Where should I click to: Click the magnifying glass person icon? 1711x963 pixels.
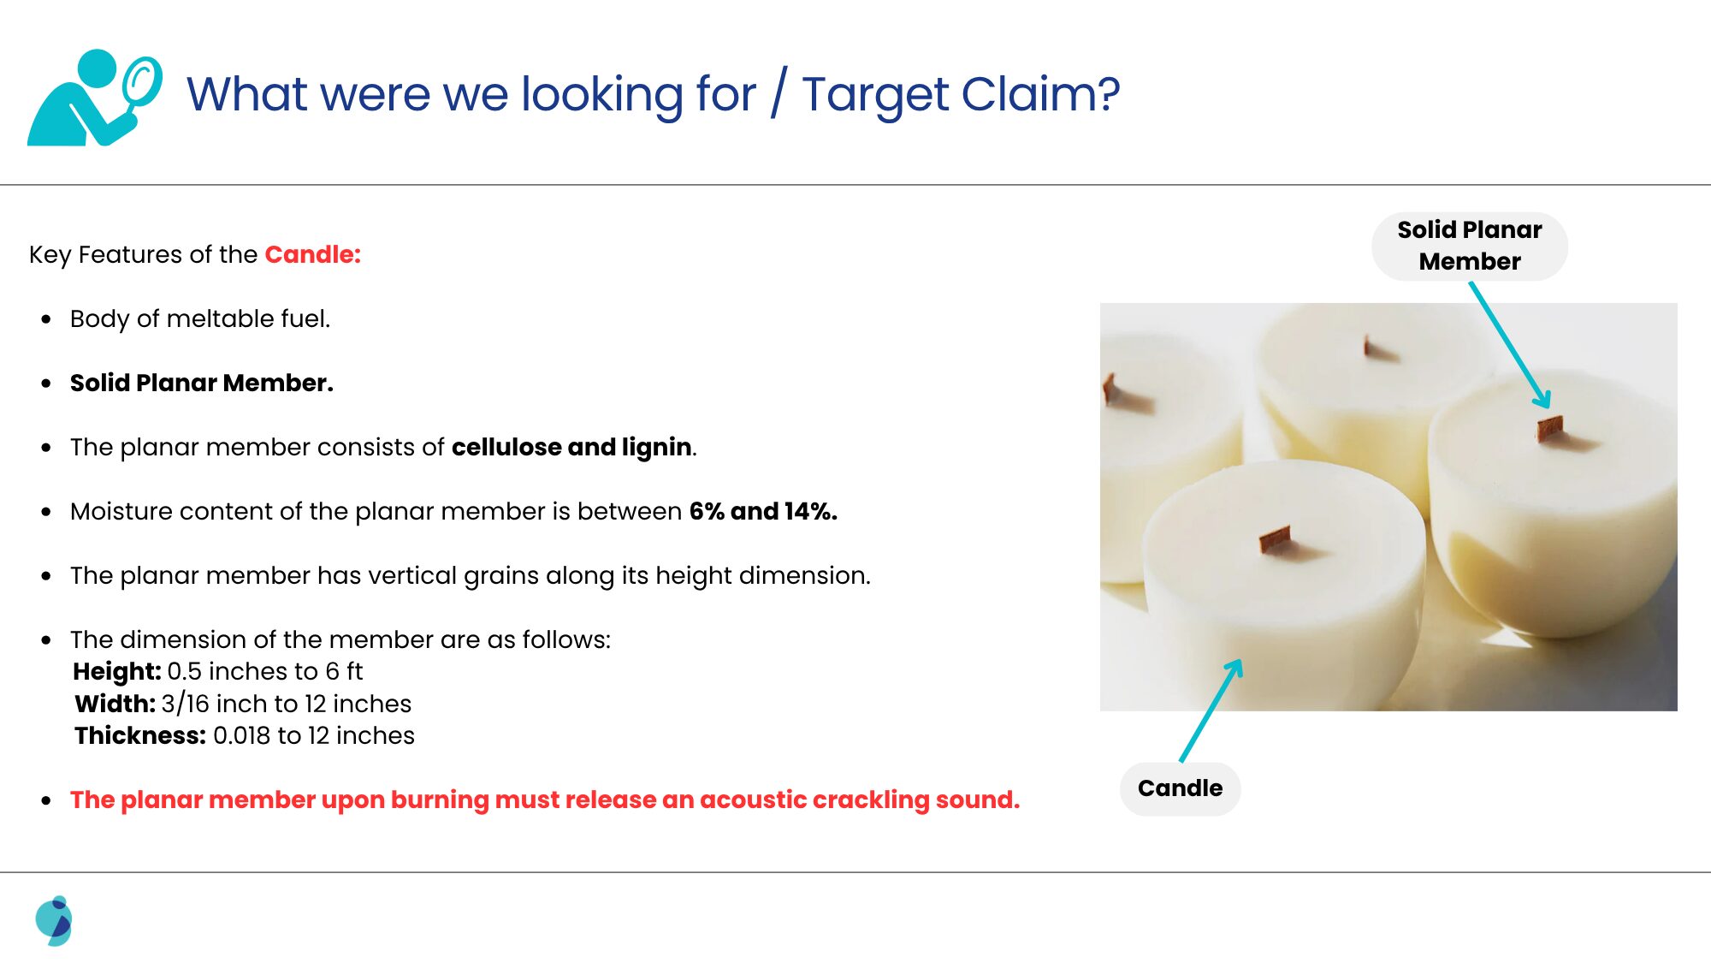94,98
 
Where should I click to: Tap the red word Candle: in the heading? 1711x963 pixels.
313,254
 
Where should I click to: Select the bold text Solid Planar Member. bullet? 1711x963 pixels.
202,383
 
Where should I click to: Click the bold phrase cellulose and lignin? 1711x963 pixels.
571,447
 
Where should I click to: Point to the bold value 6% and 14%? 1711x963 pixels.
763,511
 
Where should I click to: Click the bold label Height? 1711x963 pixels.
117,671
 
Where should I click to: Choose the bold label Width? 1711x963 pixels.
115,704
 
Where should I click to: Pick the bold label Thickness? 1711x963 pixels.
140,735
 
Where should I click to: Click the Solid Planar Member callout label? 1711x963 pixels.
1470,246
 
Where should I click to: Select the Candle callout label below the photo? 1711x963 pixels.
1181,788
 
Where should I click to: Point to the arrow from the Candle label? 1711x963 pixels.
1211,710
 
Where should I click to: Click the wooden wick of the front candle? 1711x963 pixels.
1276,540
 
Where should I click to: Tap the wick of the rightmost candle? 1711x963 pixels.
1550,427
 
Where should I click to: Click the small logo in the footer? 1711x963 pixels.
54,921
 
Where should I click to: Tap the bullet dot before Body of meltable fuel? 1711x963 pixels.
46,319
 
